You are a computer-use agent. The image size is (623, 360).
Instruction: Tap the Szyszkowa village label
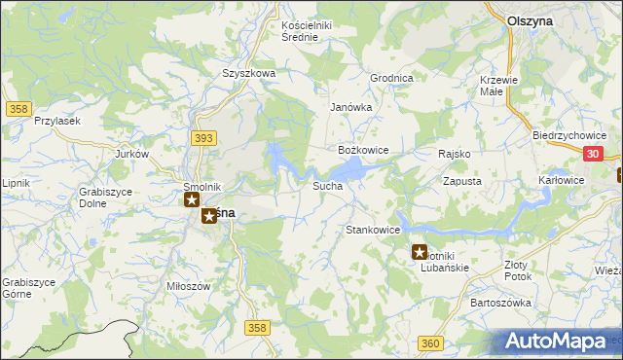point(249,73)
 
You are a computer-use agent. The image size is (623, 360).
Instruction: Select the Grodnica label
point(392,78)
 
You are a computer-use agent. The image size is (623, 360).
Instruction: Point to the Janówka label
point(351,108)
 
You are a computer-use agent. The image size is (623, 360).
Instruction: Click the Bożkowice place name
point(363,150)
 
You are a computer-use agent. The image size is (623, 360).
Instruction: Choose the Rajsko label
point(455,154)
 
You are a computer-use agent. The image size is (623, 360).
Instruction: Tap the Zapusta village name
point(462,181)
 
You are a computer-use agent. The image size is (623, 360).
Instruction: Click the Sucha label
point(327,185)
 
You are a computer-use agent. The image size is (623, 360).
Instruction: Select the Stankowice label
point(374,230)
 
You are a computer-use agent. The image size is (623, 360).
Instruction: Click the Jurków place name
point(131,154)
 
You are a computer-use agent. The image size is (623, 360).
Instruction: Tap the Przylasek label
point(55,120)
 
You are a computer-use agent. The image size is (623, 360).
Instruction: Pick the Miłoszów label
point(189,286)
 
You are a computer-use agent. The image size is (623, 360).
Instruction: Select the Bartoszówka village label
point(500,303)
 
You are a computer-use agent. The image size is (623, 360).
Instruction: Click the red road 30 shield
point(594,154)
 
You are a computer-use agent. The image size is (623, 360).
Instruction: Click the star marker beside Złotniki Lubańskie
point(420,252)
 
